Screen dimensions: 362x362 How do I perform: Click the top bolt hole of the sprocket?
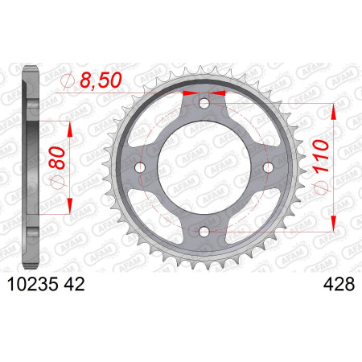(204, 103)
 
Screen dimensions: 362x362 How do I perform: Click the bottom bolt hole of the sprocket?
(204, 232)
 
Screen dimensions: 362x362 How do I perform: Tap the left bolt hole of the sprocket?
(140, 167)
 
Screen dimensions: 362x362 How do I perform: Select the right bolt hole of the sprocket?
(269, 167)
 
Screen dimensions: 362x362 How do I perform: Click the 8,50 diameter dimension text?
(101, 80)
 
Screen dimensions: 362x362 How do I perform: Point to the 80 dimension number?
(57, 158)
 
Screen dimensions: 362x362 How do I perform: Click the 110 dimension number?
(320, 157)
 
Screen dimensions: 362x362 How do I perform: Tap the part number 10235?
(33, 284)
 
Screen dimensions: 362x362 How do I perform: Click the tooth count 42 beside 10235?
(74, 284)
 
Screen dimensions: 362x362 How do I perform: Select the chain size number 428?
(339, 284)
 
